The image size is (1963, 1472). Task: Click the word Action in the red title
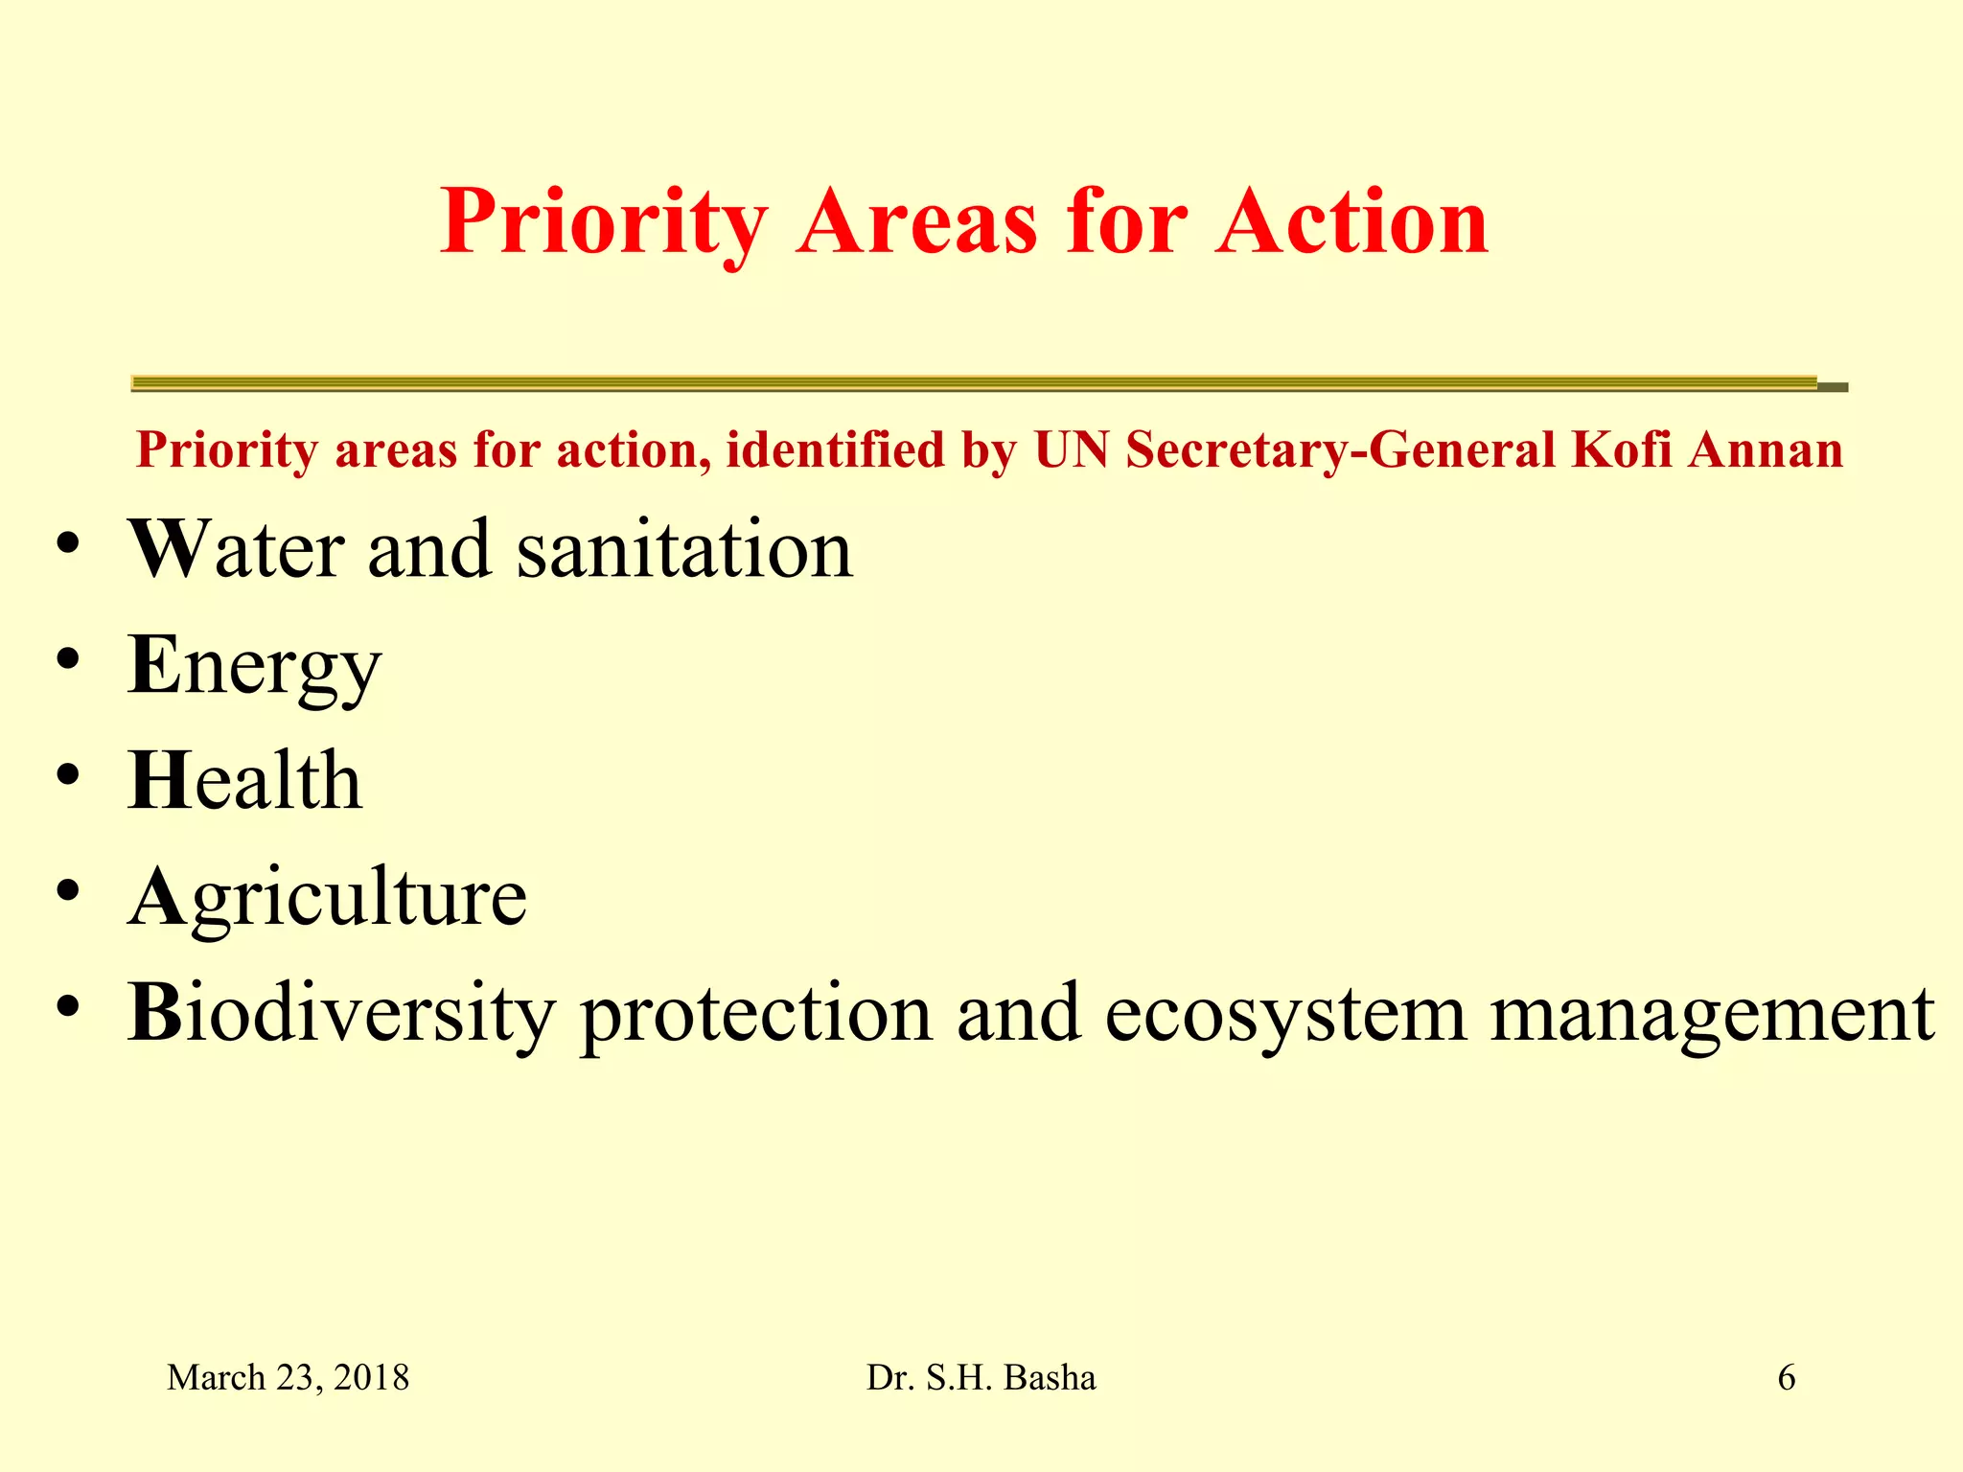pos(1351,222)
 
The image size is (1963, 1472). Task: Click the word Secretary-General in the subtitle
pos(1340,449)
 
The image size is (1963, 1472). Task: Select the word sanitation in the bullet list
pos(683,550)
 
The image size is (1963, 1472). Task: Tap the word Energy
pos(254,667)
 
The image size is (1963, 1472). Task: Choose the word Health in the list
pos(244,781)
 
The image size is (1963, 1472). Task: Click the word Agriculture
pos(327,898)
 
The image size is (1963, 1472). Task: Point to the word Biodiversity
pos(341,1014)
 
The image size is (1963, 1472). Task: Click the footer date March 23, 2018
pos(288,1378)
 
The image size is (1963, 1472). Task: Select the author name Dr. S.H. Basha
pos(981,1378)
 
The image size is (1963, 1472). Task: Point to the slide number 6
pos(1786,1378)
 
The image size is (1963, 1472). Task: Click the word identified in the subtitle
pos(835,449)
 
